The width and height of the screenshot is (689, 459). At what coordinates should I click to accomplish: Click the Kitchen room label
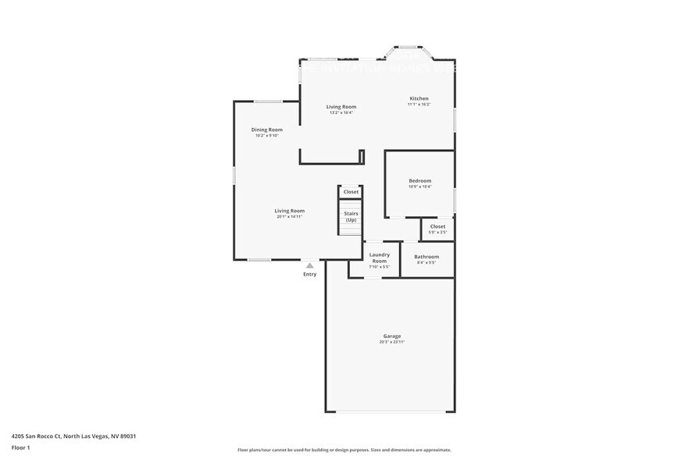click(x=419, y=99)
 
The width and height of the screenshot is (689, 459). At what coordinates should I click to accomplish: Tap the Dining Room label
click(x=266, y=130)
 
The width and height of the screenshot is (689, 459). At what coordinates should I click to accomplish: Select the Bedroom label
click(x=419, y=180)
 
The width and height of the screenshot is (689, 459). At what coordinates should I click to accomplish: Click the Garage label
click(x=391, y=336)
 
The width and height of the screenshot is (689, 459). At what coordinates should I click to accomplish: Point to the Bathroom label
click(x=427, y=256)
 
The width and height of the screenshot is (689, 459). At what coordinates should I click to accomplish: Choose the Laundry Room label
click(x=379, y=258)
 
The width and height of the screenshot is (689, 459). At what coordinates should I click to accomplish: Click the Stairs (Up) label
click(x=351, y=216)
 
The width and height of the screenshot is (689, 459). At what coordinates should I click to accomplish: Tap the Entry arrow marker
click(x=309, y=265)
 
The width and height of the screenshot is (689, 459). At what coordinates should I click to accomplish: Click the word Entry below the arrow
click(x=309, y=274)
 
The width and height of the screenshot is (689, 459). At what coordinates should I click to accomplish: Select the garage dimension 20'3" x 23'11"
click(x=391, y=342)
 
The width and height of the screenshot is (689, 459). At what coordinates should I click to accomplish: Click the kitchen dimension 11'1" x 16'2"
click(x=419, y=105)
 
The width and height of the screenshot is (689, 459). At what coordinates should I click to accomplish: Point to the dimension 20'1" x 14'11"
click(x=289, y=216)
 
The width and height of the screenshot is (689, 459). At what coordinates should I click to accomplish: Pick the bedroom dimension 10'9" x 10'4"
click(x=419, y=187)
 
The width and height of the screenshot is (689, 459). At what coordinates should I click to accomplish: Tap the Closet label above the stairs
click(x=351, y=191)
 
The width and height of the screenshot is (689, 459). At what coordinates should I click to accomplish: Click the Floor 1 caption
click(x=20, y=447)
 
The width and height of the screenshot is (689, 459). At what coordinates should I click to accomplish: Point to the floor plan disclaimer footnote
click(x=344, y=450)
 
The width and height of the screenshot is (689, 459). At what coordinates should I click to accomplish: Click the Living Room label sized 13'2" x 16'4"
click(x=341, y=106)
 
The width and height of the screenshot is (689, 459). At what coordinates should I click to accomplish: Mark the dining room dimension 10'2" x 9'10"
click(x=266, y=136)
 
